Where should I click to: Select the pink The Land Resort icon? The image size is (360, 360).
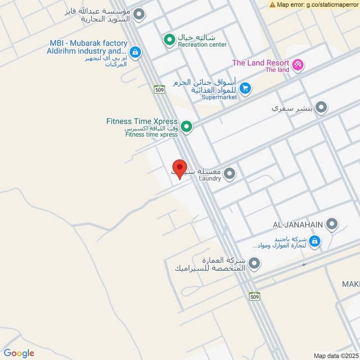[297, 65]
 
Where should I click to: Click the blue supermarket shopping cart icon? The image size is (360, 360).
[245, 88]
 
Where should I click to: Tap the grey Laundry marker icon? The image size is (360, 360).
[229, 173]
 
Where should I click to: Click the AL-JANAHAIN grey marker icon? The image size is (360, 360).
[332, 224]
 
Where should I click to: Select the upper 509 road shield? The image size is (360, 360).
[159, 90]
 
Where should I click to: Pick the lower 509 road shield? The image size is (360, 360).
[255, 297]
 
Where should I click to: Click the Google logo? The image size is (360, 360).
[19, 353]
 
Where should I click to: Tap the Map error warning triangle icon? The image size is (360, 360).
[272, 4]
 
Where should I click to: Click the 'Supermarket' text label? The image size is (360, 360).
[219, 97]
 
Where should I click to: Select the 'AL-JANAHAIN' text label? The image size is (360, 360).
[298, 224]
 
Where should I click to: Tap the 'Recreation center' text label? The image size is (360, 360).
[202, 45]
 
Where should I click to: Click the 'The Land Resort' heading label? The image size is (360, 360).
[260, 63]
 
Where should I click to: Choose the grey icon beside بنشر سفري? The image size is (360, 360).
[321, 108]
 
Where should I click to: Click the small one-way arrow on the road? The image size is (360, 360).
[305, 265]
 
